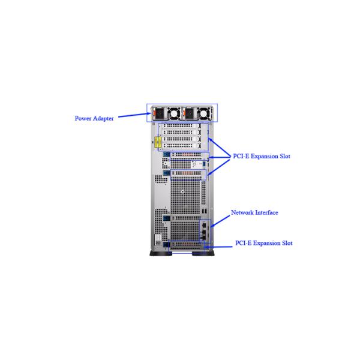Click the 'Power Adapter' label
94,118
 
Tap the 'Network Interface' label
254,212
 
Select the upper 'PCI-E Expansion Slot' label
262,156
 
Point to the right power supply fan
205,112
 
